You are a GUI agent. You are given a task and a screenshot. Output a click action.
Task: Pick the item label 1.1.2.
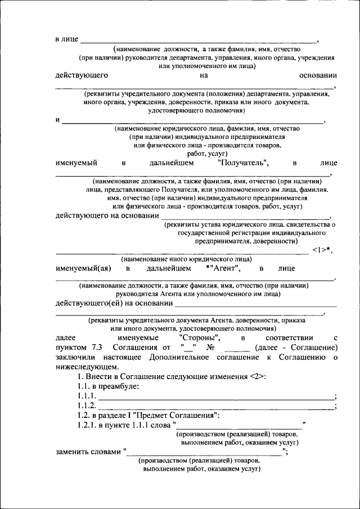click(x=87, y=406)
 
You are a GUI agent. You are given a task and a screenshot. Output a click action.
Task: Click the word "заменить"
click(x=72, y=451)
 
